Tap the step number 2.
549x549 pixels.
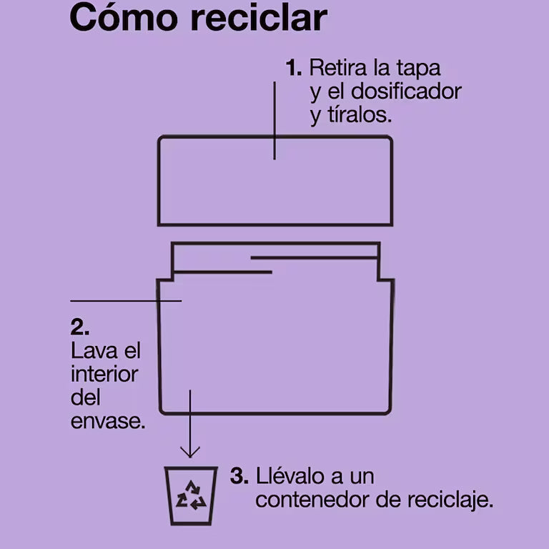[79, 327]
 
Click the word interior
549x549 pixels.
[104, 375]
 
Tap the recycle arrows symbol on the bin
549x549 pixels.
[191, 495]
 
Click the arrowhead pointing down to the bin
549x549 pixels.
[190, 452]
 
